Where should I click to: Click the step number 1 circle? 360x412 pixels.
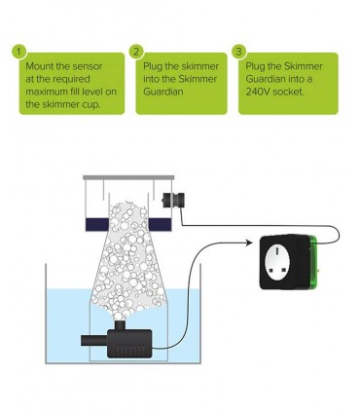(19, 52)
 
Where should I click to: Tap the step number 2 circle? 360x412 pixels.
(137, 52)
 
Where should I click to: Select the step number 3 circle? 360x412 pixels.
(239, 52)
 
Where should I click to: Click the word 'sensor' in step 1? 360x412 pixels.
(88, 66)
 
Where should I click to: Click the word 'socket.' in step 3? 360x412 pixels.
(288, 92)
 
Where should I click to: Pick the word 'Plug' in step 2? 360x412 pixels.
(153, 66)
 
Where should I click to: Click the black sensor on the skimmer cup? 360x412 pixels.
(173, 200)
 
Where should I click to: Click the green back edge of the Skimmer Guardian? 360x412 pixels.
(314, 262)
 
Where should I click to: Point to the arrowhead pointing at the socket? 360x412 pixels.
(249, 243)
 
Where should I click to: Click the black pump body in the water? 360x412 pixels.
(129, 344)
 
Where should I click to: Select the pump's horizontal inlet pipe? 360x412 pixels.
(94, 341)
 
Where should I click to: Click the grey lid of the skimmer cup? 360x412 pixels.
(128, 177)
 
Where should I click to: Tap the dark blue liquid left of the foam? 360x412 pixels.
(97, 224)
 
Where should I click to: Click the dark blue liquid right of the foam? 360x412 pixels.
(160, 224)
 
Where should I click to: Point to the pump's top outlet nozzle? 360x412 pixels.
(120, 325)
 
